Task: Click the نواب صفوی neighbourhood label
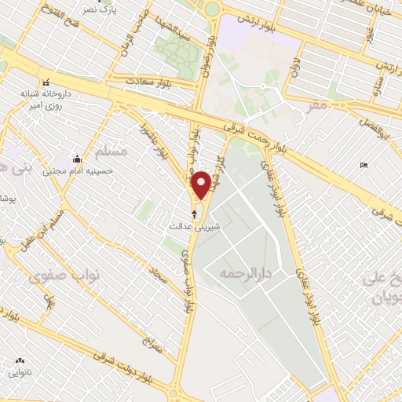53,276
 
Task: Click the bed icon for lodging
362,165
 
